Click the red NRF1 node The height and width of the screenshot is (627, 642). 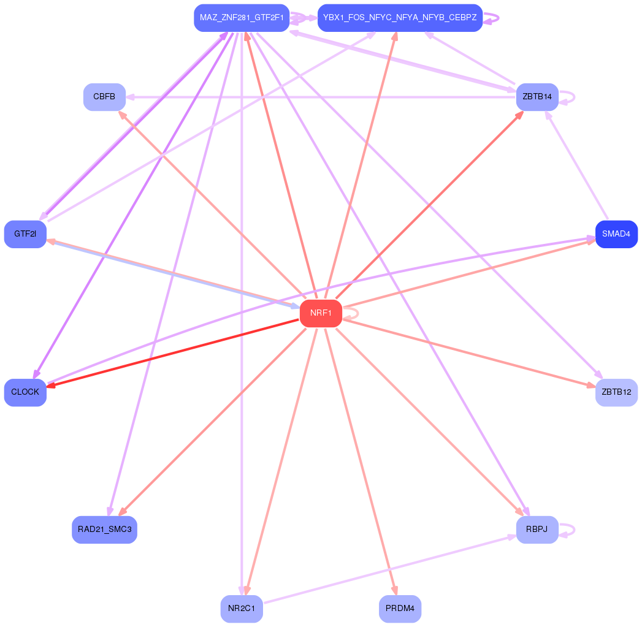321,313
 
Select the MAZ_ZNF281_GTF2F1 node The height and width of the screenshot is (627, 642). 242,18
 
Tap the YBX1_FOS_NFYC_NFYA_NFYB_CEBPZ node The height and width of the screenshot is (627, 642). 400,18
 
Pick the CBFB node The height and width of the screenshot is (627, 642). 104,97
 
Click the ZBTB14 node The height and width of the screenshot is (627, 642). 537,97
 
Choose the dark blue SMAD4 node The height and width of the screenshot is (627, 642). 616,234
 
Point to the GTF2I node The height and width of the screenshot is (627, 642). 25,234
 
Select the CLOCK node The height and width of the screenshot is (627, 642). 25,392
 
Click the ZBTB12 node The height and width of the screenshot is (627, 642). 616,392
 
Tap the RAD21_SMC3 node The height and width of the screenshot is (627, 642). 104,530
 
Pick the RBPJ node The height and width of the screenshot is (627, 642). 537,530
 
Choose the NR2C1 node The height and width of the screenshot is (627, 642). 242,609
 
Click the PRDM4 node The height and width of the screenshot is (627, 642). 400,609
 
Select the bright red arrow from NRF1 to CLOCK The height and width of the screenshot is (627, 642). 172,353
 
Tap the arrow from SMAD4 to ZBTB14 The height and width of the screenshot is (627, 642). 576,165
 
